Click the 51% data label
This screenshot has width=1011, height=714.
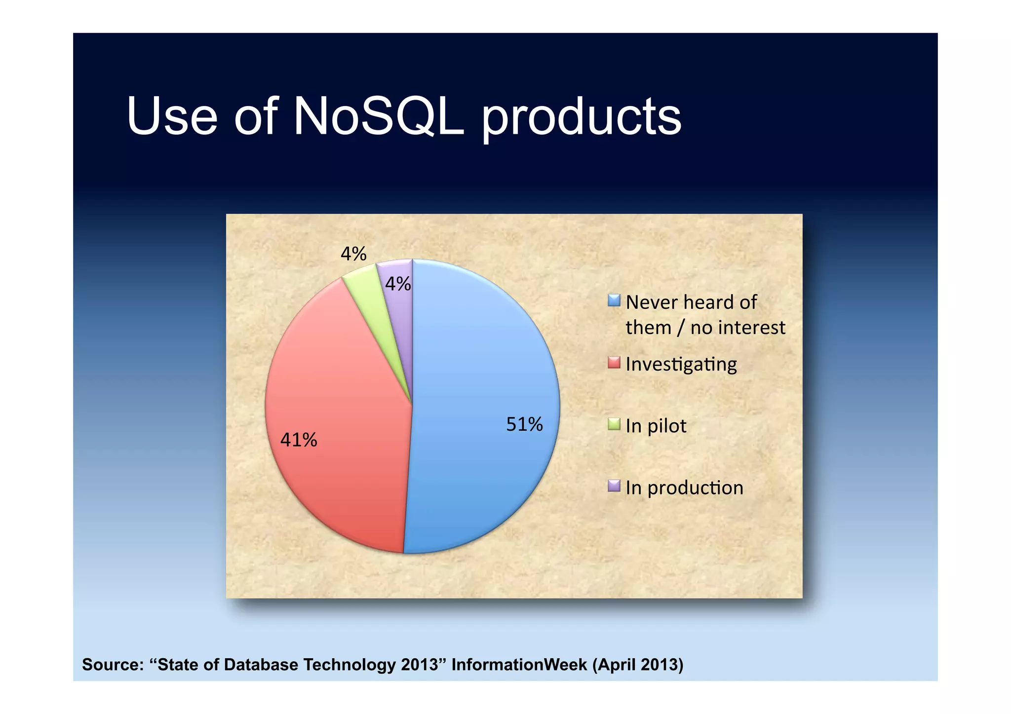tap(524, 424)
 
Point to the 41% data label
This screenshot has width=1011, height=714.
tap(299, 440)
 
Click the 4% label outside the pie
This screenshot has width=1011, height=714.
tap(353, 254)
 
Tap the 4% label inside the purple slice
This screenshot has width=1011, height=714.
tap(398, 284)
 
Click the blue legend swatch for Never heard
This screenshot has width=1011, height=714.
tap(614, 301)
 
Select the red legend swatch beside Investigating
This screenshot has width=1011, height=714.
tap(614, 363)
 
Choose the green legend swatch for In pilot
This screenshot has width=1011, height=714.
tap(614, 424)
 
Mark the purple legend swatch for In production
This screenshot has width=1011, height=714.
tap(614, 486)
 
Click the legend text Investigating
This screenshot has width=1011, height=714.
tap(681, 364)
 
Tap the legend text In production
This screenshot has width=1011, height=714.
tap(684, 488)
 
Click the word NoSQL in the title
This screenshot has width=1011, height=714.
tap(379, 116)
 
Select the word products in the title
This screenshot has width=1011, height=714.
tap(582, 118)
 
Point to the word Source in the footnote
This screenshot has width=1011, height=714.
tap(112, 665)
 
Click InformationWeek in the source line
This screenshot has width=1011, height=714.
tap(519, 665)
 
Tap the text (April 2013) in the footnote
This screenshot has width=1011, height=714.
tap(637, 665)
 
